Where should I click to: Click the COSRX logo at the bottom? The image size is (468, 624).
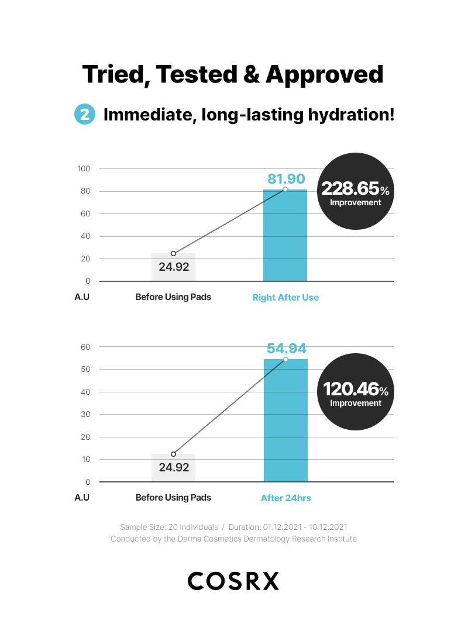pyautogui.click(x=233, y=581)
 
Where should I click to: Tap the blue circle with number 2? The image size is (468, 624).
pyautogui.click(x=84, y=114)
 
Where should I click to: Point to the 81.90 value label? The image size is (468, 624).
pyautogui.click(x=286, y=179)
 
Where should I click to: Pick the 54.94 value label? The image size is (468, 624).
pyautogui.click(x=286, y=349)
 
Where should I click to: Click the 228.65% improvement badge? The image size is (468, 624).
pyautogui.click(x=355, y=191)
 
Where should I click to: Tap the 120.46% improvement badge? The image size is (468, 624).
pyautogui.click(x=355, y=392)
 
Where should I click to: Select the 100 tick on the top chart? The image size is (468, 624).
pyautogui.click(x=84, y=169)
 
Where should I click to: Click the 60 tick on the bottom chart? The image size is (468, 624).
pyautogui.click(x=85, y=347)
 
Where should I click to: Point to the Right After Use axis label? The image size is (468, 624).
pyautogui.click(x=285, y=297)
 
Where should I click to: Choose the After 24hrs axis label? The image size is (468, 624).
pyautogui.click(x=285, y=498)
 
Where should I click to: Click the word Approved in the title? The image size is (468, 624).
pyautogui.click(x=324, y=75)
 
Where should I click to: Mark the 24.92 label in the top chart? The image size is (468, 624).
pyautogui.click(x=174, y=267)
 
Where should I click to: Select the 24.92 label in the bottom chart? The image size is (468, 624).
pyautogui.click(x=174, y=467)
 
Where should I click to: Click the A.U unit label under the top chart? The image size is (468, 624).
pyautogui.click(x=82, y=297)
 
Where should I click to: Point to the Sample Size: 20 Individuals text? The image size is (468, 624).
pyautogui.click(x=168, y=527)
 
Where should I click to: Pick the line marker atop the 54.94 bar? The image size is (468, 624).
pyautogui.click(x=285, y=359)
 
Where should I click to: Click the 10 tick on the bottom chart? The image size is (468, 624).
pyautogui.click(x=85, y=459)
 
